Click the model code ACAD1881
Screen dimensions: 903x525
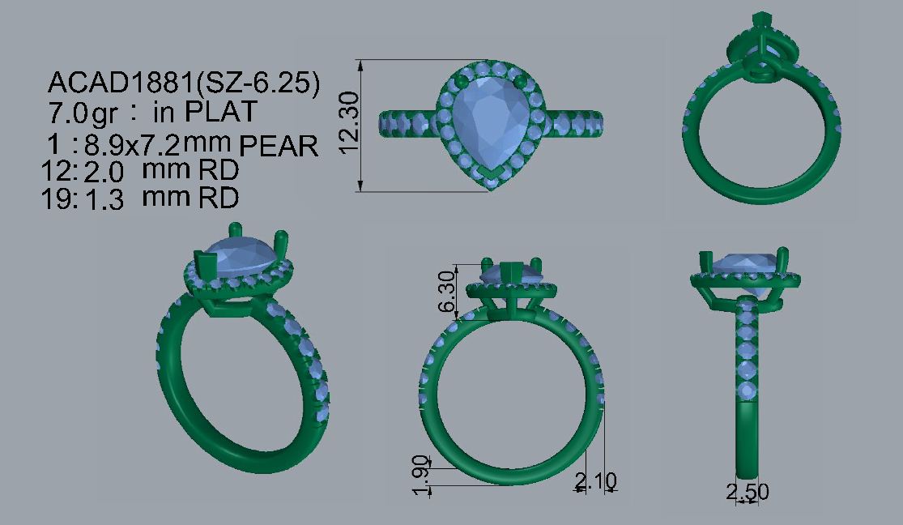pos(121,83)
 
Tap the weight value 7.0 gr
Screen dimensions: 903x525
pos(83,113)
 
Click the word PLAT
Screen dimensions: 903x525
pos(220,111)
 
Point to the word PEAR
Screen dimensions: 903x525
pos(278,147)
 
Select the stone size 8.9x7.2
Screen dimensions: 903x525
pos(133,145)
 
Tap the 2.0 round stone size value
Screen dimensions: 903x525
pos(104,172)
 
